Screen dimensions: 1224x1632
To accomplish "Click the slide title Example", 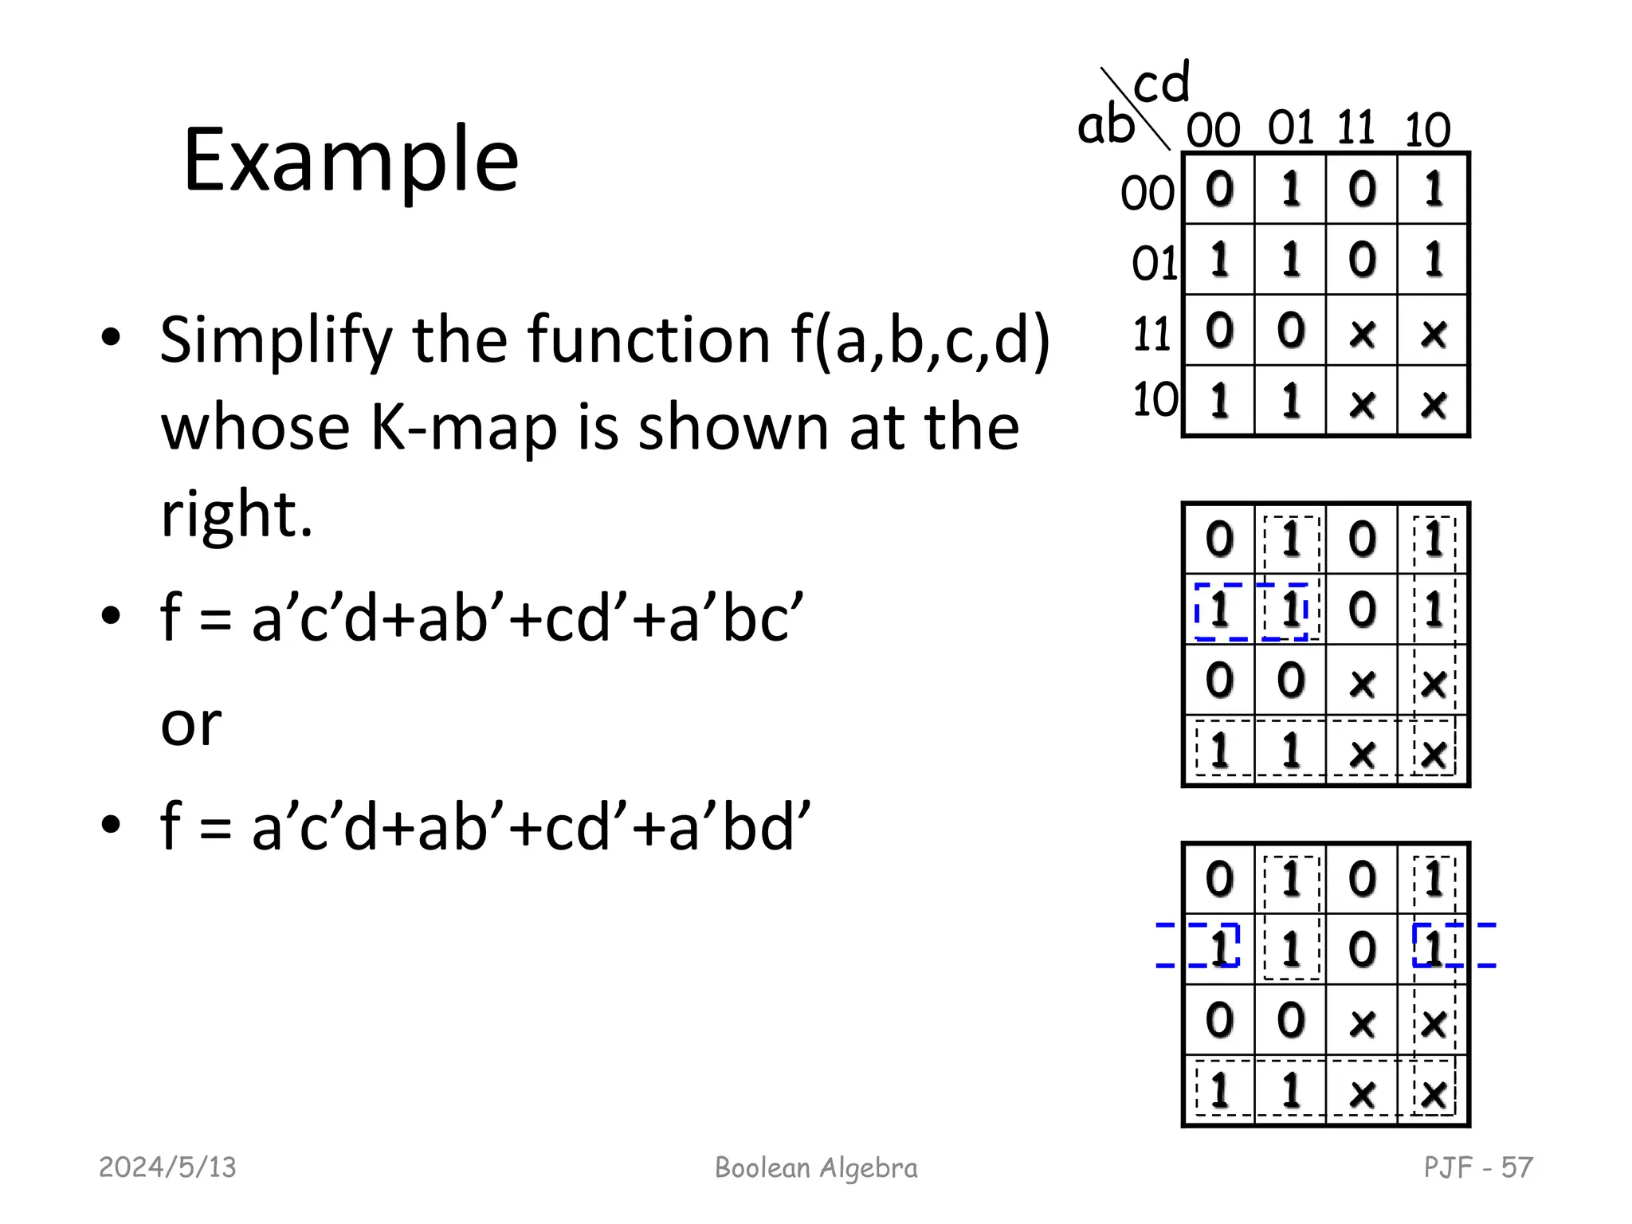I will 351,161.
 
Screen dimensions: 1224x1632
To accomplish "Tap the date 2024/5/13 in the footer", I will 167,1167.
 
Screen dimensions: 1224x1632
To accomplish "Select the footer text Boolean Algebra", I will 816,1167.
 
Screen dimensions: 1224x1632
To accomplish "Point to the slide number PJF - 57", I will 1478,1167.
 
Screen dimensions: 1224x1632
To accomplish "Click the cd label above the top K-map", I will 1161,83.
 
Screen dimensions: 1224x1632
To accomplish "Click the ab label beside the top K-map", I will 1105,126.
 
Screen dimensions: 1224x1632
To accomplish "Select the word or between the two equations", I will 190,724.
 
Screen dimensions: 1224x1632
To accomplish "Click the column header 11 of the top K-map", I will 1355,128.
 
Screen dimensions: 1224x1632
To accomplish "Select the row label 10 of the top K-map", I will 1155,399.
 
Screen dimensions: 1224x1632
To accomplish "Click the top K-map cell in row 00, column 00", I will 1219,189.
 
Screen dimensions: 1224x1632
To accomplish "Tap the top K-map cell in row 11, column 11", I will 1362,331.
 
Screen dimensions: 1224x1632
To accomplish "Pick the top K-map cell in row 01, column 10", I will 1434,260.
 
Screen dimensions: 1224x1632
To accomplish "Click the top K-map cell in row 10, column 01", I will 1291,402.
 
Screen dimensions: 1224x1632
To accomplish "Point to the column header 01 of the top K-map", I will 1290,128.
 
